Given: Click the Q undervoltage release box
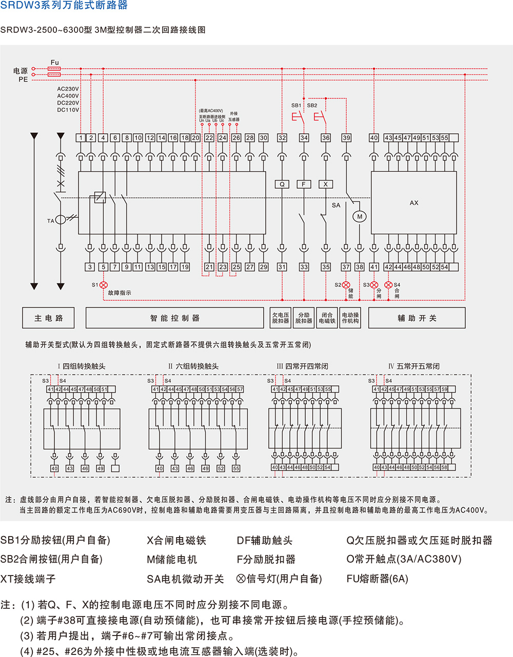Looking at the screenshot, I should [x=282, y=184].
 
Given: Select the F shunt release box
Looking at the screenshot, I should [x=304, y=184].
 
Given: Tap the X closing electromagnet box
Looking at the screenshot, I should [x=326, y=184].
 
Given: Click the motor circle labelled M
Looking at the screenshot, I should [x=360, y=216].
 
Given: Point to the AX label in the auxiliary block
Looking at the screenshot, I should [x=414, y=203].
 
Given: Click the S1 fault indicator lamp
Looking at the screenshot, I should [x=104, y=285].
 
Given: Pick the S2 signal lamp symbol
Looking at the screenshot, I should [x=346, y=285].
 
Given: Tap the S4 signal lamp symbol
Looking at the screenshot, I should [x=388, y=285].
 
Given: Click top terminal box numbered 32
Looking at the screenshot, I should [x=282, y=138].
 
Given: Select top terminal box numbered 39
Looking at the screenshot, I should [x=346, y=138].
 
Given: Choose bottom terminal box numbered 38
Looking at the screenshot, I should [x=359, y=267].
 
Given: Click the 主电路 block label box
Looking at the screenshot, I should [x=49, y=318].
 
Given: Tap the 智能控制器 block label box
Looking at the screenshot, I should [x=175, y=318].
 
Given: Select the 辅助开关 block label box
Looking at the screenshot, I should [x=417, y=318].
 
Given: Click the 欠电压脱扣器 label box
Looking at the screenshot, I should [x=281, y=318].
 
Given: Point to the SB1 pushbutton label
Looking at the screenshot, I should [x=297, y=106].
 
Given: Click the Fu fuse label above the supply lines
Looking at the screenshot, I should [x=55, y=63].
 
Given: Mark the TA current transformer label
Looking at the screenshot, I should [x=51, y=221].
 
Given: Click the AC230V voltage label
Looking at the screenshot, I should [x=68, y=89].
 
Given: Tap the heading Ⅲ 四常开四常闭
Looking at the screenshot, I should [x=302, y=366].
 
